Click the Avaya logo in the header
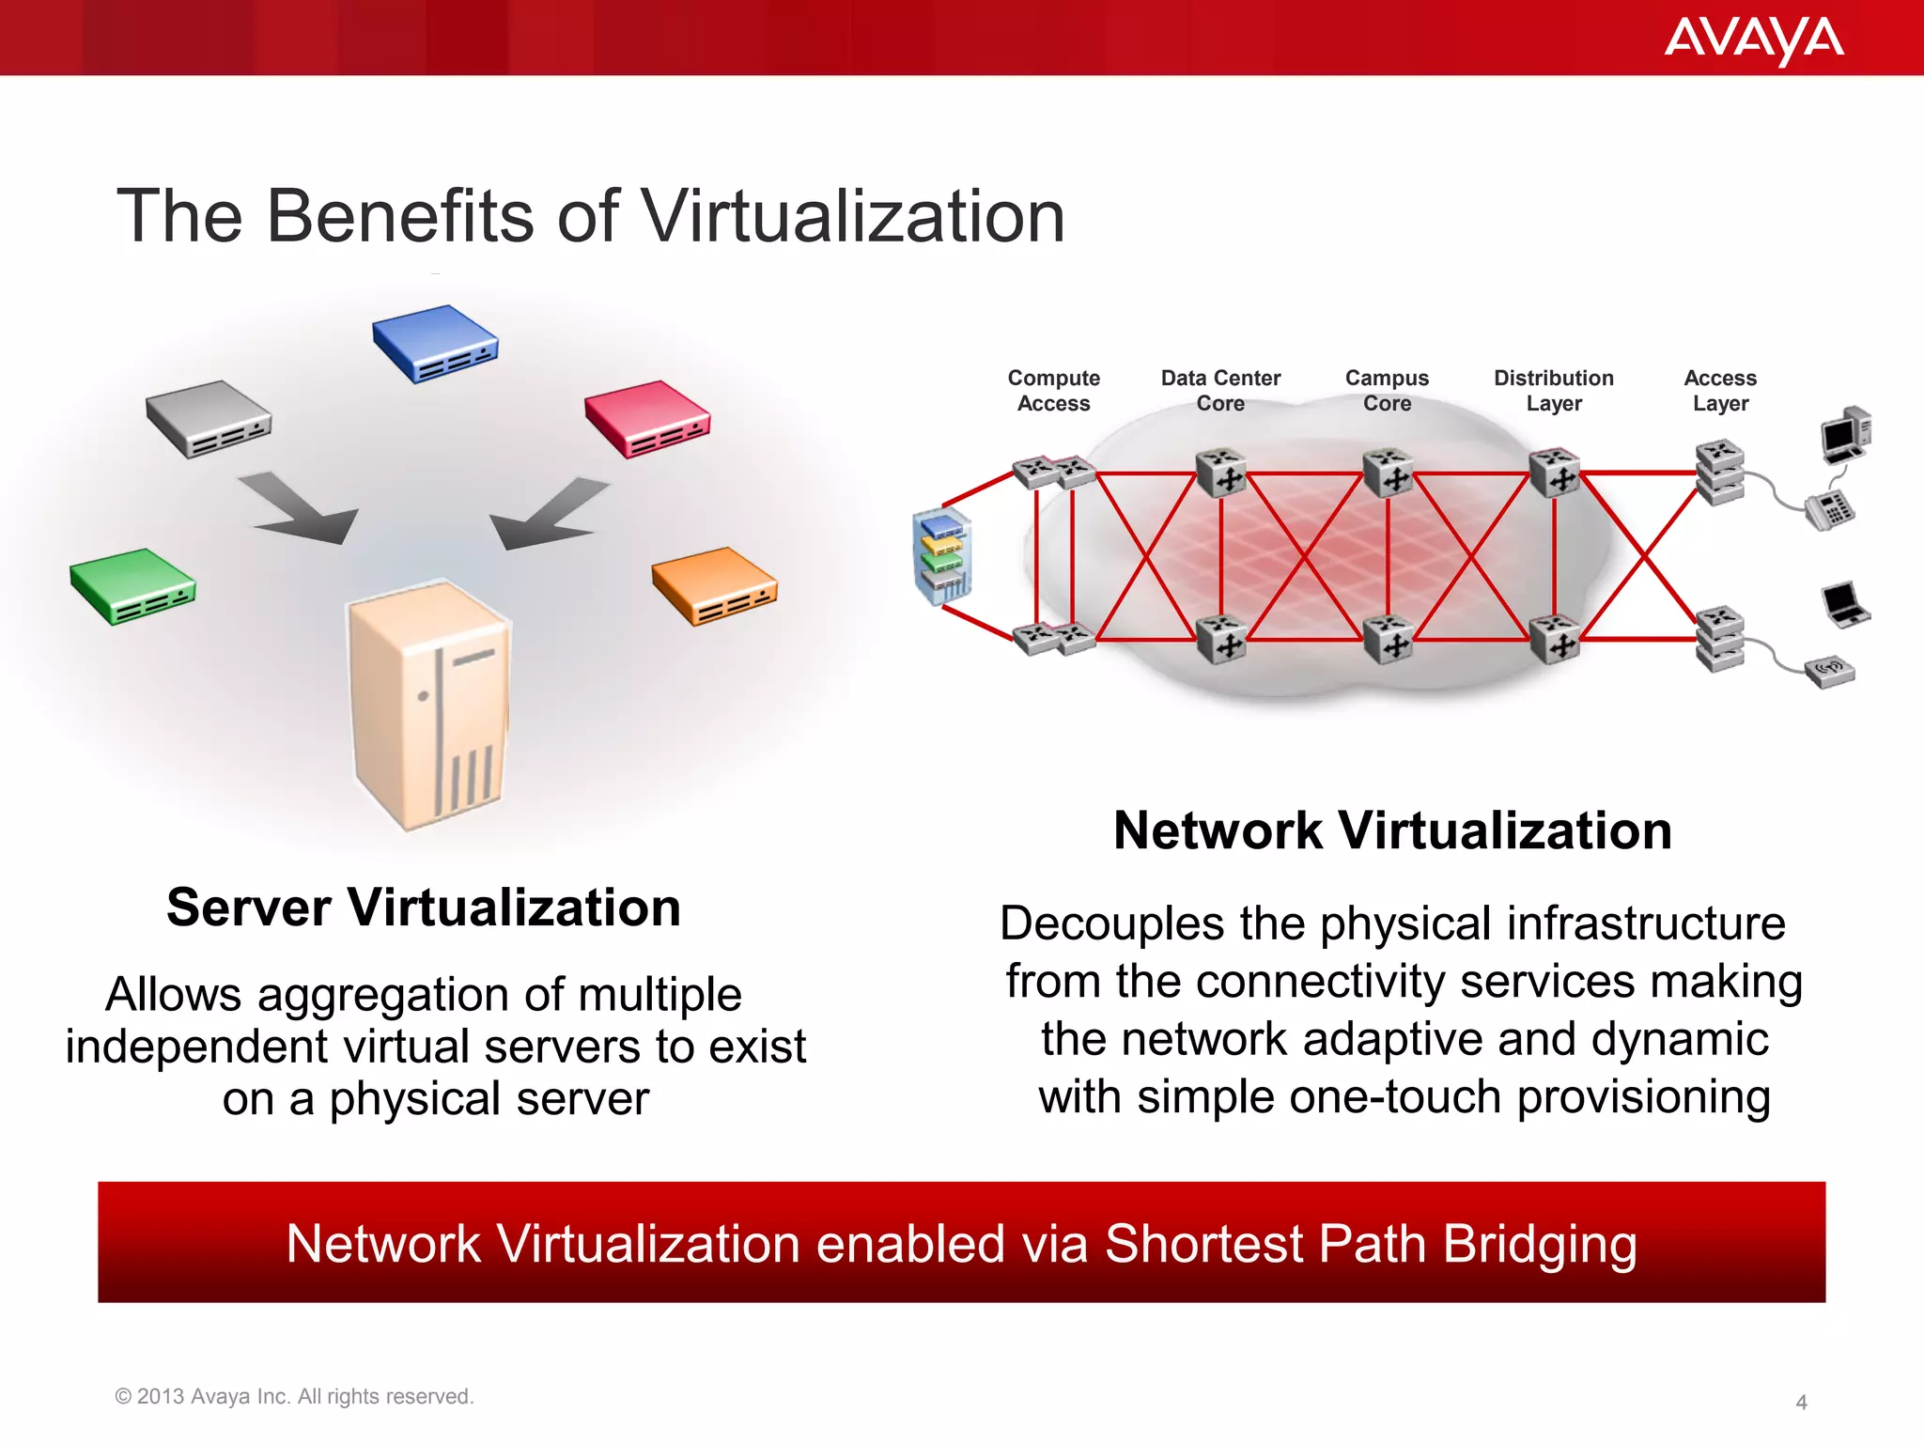1753,39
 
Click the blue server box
435,343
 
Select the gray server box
209,418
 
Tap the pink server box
647,418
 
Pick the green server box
132,585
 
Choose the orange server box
715,585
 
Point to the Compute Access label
1053,390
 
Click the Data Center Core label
1220,390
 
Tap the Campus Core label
1387,390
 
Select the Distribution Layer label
1554,390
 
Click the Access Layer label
1720,390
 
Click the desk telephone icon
1829,509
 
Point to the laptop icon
1844,605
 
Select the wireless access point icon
1829,671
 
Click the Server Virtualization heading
424,908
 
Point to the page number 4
1801,1402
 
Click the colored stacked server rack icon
942,555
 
